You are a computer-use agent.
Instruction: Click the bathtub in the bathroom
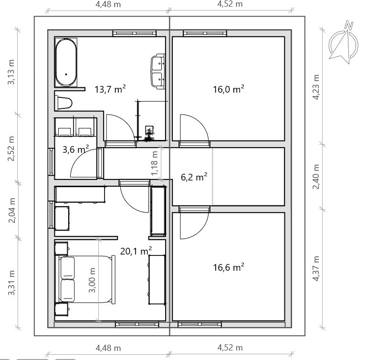pos(66,62)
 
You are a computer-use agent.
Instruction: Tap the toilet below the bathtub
pos(63,103)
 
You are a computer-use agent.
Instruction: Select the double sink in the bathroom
pos(158,71)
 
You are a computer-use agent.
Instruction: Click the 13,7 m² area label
pos(110,89)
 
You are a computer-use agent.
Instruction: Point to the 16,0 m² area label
pos(229,89)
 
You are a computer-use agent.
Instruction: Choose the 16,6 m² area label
pos(229,267)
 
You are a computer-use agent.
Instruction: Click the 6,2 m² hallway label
pos(194,177)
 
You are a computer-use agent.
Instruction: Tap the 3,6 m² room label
pos(75,149)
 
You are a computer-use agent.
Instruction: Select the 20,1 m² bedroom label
pos(136,251)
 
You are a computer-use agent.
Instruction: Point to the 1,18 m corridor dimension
pos(155,163)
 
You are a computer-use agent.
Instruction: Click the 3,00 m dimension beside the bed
pos(92,280)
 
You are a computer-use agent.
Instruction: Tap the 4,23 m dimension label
pos(316,87)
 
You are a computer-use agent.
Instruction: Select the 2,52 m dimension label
pos(11,148)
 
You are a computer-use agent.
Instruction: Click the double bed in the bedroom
pos(85,279)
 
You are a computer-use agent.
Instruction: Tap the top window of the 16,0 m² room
pos(205,33)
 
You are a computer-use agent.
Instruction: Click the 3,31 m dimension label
pos(11,283)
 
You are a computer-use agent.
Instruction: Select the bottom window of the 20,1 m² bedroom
pos(137,324)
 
